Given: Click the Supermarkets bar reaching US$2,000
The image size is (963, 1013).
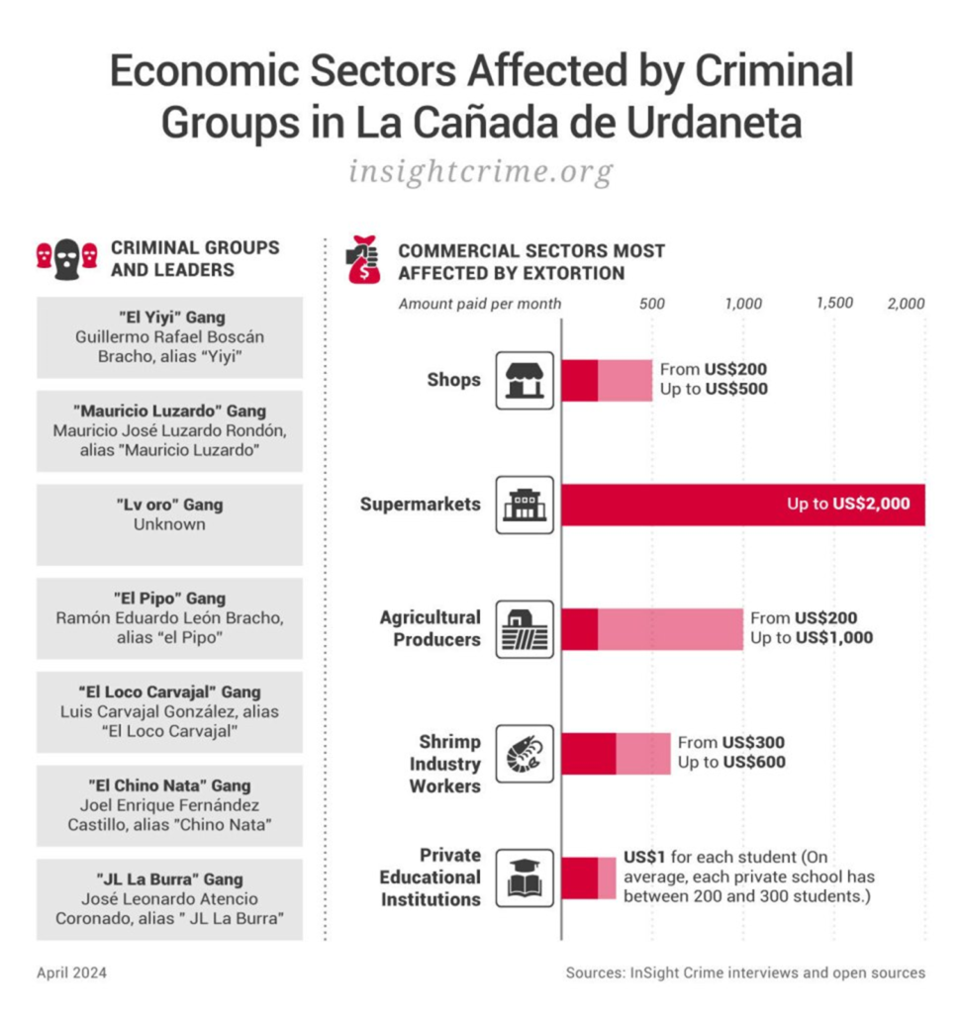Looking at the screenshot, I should (x=742, y=505).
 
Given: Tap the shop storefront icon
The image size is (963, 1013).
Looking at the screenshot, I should (x=525, y=380).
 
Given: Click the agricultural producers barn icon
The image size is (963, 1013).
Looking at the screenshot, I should (x=525, y=628).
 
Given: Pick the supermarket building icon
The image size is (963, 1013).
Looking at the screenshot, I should (x=525, y=505).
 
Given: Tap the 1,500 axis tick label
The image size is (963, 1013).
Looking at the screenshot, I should (x=834, y=304).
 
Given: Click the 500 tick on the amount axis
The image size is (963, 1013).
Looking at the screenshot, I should (x=652, y=304).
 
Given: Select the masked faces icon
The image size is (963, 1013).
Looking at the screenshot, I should (x=67, y=257).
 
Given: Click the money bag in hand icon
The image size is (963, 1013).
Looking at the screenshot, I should (x=363, y=259).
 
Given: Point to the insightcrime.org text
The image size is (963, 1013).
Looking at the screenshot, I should (x=481, y=172).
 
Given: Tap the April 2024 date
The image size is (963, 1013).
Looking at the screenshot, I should (x=71, y=972).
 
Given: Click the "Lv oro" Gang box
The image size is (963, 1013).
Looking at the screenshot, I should (x=169, y=523).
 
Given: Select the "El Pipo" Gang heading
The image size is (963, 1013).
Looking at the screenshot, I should (x=169, y=599).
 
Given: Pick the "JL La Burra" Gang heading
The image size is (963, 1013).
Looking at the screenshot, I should (x=169, y=879).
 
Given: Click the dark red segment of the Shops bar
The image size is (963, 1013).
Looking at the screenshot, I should (x=580, y=380).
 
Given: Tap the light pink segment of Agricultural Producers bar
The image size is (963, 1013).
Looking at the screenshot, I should (x=670, y=628).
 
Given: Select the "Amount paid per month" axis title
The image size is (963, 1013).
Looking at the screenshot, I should (x=480, y=304).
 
